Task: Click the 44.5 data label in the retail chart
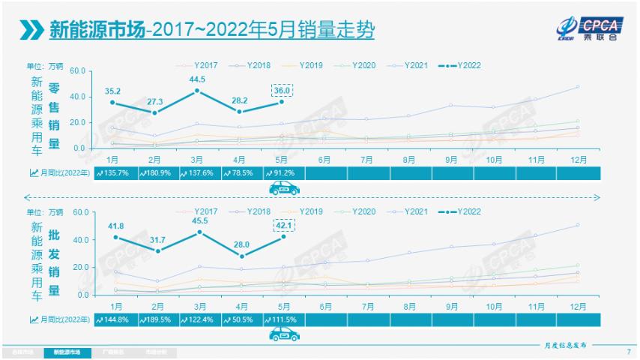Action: coord(197,79)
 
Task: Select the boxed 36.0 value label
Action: coord(283,91)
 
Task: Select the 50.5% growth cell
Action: coord(241,319)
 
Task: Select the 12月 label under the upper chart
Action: coord(577,159)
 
